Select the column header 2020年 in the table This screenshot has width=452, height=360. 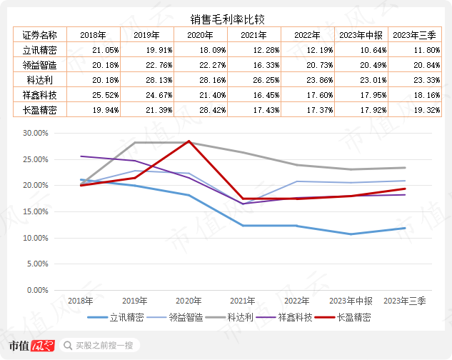[x=200, y=35]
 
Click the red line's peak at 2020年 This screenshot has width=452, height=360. [x=189, y=141]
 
